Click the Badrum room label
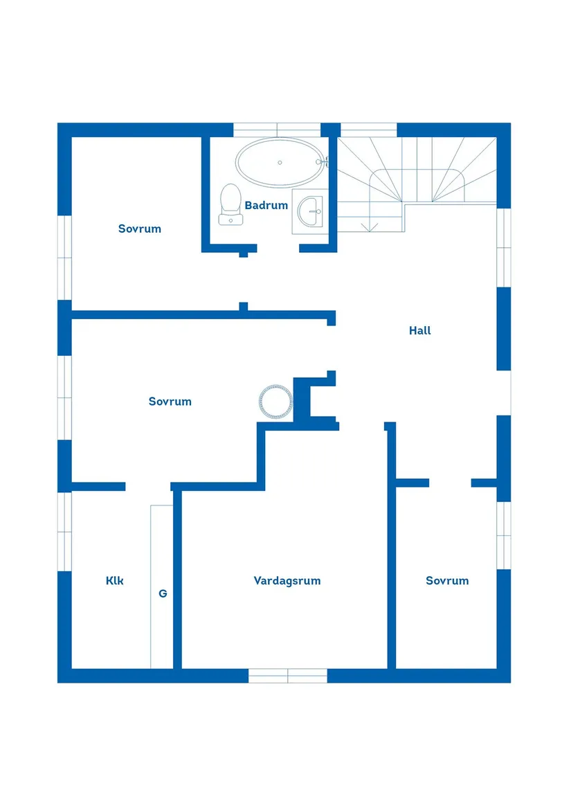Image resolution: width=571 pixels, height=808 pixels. point(266,206)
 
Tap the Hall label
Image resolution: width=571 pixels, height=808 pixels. point(419,331)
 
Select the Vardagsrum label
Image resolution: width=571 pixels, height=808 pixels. point(287,581)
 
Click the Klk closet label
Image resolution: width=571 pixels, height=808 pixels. point(115,581)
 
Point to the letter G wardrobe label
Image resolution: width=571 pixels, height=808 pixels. point(163,593)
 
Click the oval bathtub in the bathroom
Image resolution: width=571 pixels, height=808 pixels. point(280,162)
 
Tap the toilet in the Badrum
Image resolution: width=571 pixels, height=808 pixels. point(230,205)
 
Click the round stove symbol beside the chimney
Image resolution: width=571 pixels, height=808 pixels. point(275,402)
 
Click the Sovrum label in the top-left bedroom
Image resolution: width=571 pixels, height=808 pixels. point(140,229)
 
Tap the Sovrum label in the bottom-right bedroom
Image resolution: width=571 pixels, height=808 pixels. point(447,581)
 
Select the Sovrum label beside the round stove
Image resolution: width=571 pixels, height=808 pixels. point(170,402)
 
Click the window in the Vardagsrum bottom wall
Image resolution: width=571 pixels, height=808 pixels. point(288,676)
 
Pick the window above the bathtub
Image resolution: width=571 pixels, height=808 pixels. point(277,130)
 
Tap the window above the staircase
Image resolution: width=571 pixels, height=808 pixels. point(369,130)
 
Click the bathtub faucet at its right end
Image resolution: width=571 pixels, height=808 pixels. point(322,162)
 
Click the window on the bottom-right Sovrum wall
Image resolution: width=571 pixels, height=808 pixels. point(504,535)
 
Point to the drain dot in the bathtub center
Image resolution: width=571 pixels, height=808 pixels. point(280,162)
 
